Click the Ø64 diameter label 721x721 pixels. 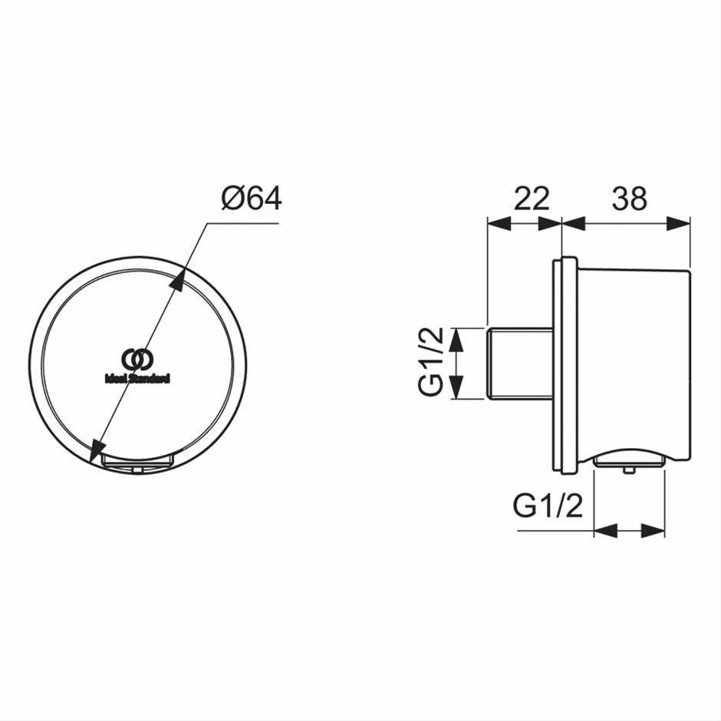coord(252,199)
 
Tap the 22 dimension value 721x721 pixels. coord(532,199)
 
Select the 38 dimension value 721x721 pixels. coord(630,199)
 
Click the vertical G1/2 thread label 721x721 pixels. coord(431,361)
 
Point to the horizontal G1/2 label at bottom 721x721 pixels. coord(548,506)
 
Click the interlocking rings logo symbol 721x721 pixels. coord(137,359)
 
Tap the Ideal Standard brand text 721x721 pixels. coord(137,378)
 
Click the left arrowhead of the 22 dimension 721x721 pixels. coord(499,223)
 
